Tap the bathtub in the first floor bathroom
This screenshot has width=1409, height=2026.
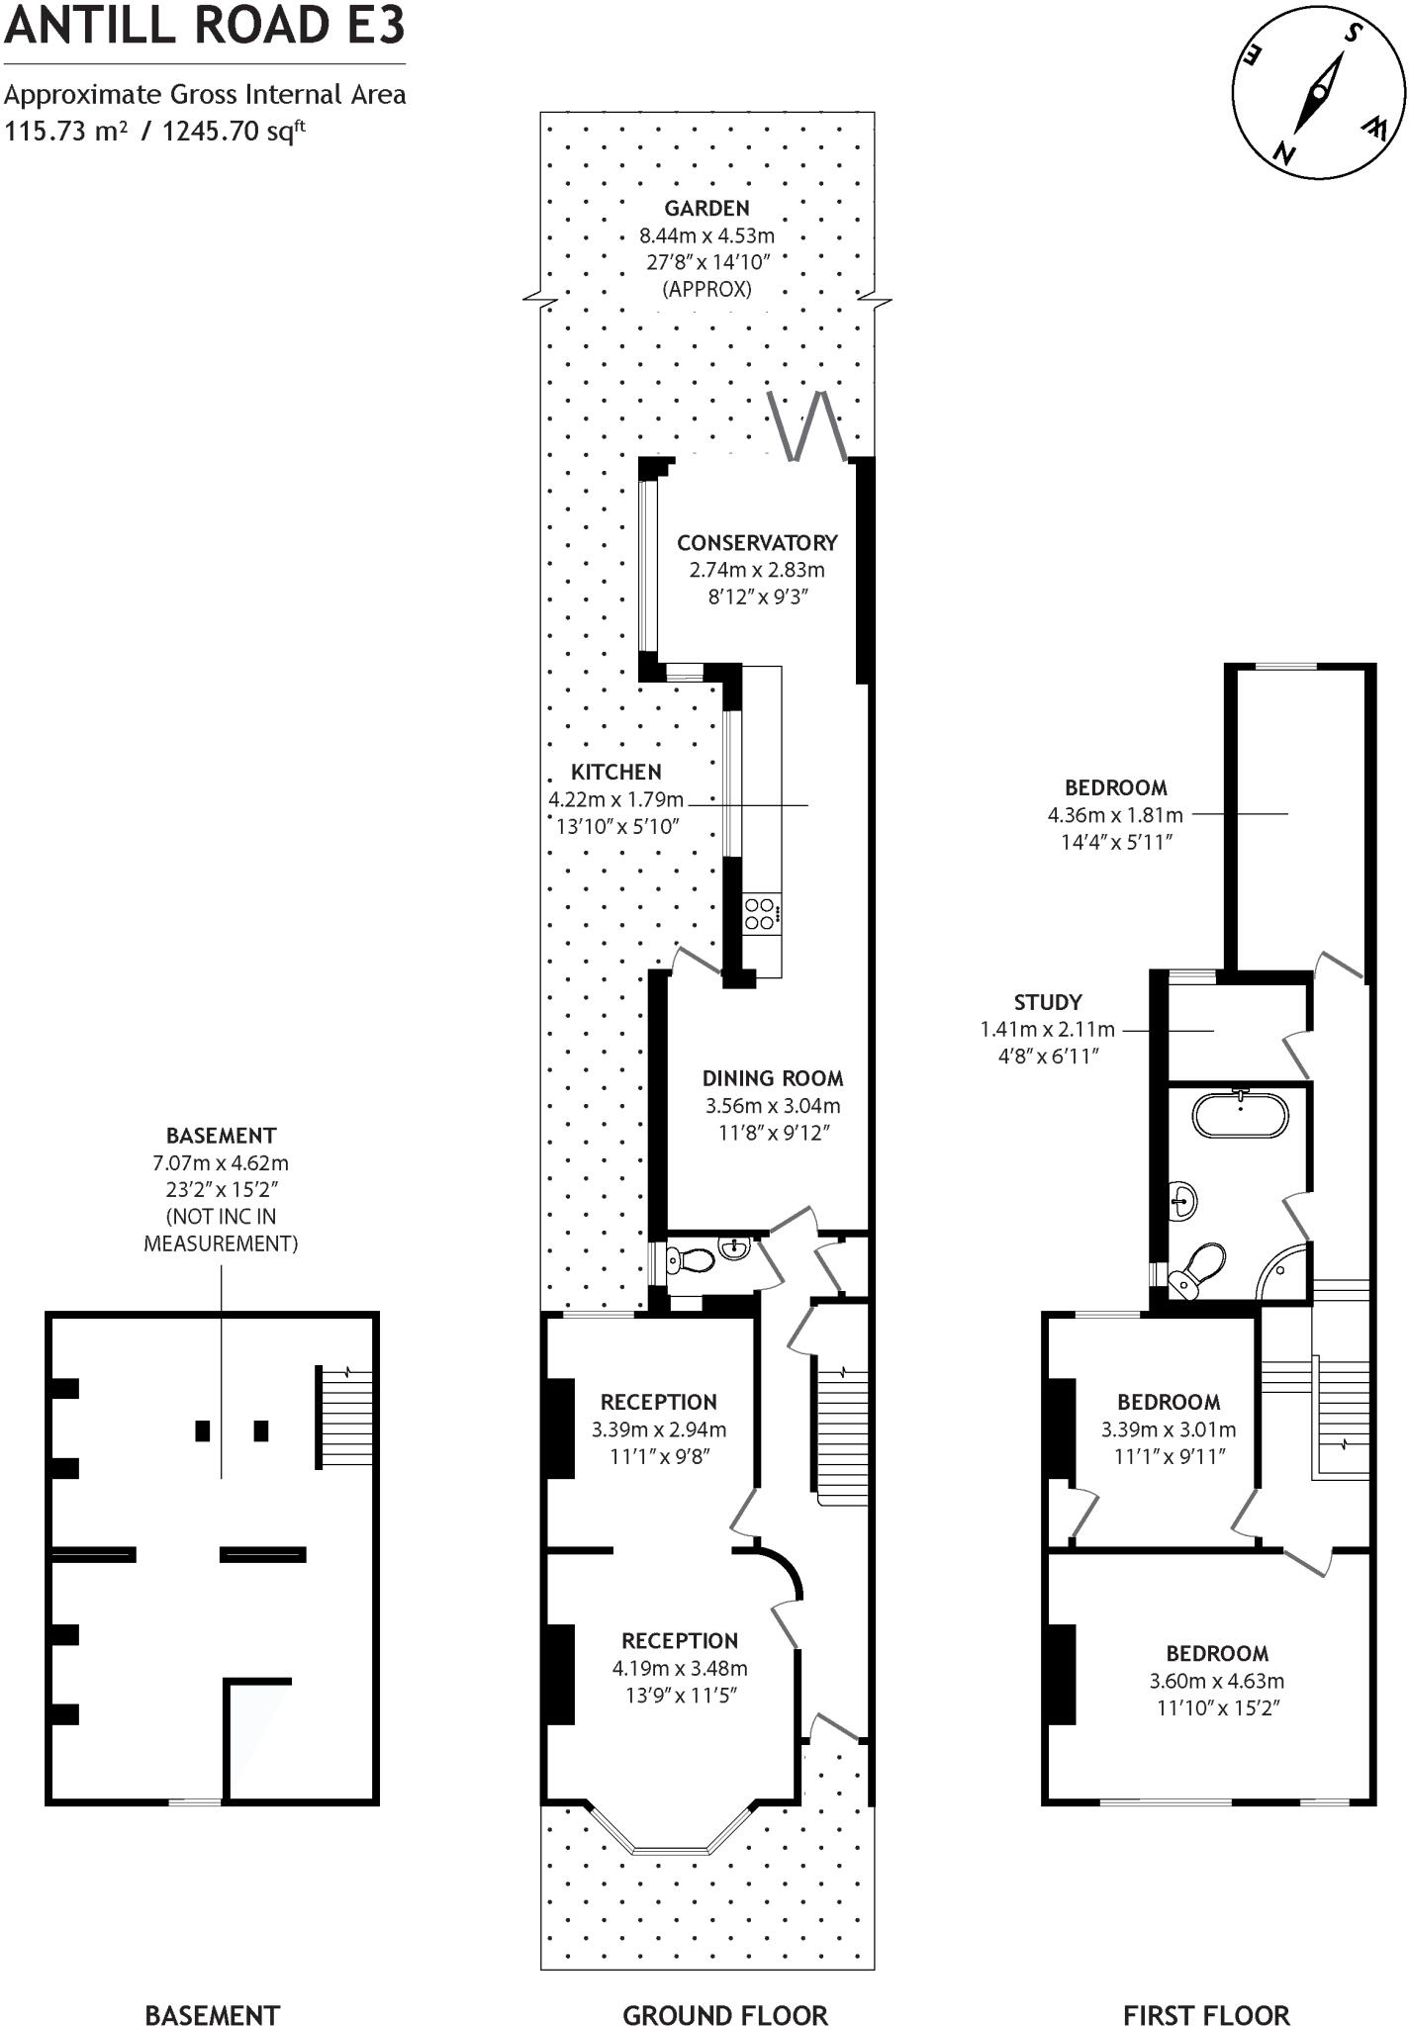(x=1241, y=1115)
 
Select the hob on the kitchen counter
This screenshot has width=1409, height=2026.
(x=761, y=913)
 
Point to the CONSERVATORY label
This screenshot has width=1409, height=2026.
(x=757, y=542)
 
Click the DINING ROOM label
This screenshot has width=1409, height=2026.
(x=773, y=1078)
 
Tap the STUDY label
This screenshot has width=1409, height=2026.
(x=1047, y=1001)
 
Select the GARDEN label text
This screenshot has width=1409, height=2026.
(x=706, y=208)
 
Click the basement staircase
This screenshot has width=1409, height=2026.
(x=345, y=1417)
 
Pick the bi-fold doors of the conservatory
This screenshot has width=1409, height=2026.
(x=809, y=426)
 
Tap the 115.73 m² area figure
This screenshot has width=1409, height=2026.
(x=65, y=131)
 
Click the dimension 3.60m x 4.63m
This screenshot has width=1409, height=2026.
(x=1216, y=1680)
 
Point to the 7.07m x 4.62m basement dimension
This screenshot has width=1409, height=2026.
(x=221, y=1162)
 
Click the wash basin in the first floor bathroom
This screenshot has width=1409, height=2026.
(x=1182, y=1202)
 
